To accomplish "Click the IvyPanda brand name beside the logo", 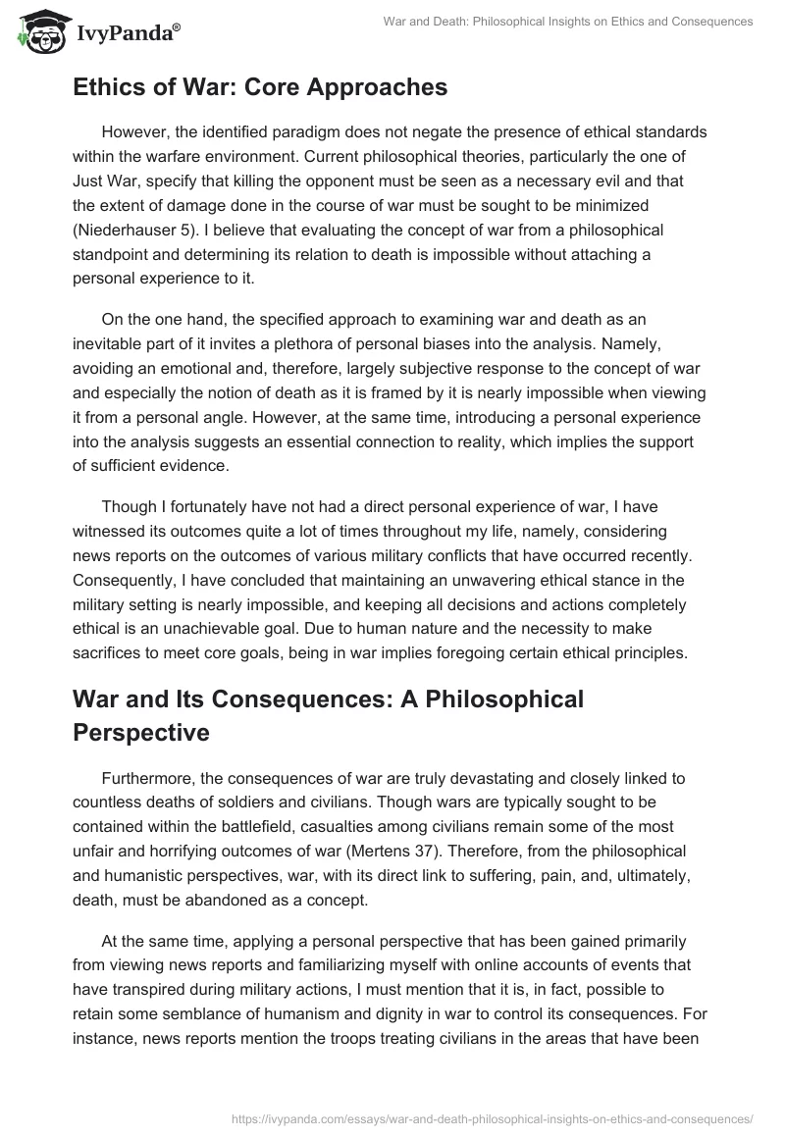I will (x=126, y=35).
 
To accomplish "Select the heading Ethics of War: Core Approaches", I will (x=260, y=87).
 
